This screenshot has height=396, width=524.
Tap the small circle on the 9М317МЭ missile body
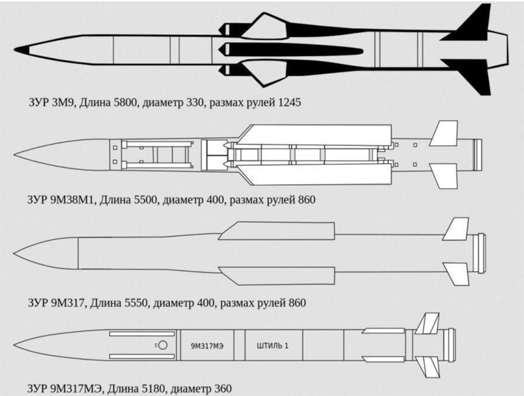click(x=163, y=345)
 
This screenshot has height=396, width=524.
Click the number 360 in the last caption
click(x=222, y=387)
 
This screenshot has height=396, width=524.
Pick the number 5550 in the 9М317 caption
click(x=135, y=302)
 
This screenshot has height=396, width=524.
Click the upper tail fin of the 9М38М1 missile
click(x=444, y=133)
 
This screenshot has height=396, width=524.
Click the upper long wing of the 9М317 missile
click(x=277, y=231)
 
